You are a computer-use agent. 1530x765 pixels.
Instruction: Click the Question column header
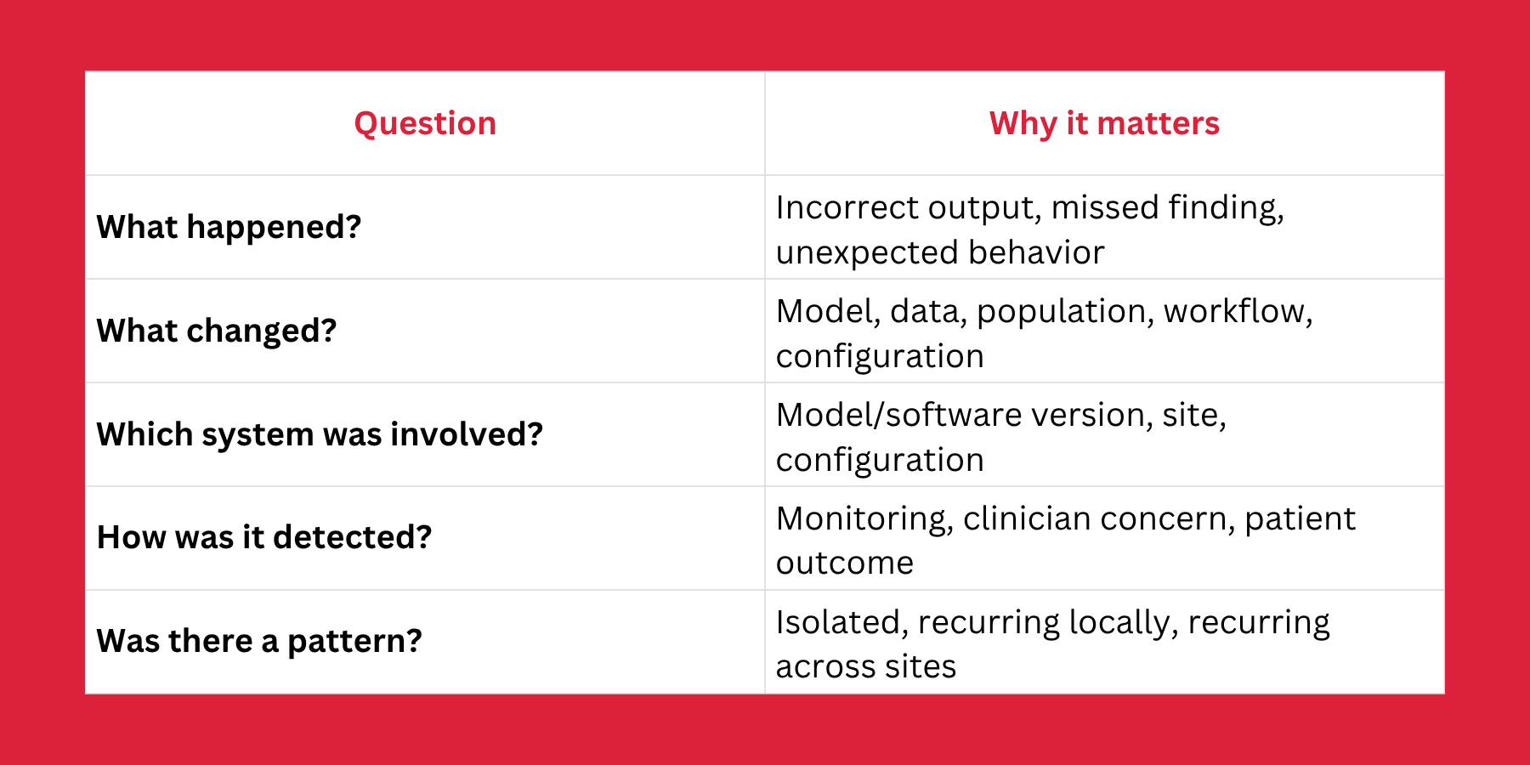[425, 124]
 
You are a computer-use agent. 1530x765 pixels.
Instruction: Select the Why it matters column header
[1104, 124]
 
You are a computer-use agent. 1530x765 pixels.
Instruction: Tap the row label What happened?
[229, 228]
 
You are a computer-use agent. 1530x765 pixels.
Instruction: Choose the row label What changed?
[217, 331]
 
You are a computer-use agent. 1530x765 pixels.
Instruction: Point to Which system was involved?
[320, 434]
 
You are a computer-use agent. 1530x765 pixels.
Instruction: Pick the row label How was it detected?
[264, 537]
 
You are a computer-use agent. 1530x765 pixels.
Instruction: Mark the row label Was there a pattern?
[259, 641]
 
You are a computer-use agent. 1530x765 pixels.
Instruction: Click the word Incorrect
[847, 208]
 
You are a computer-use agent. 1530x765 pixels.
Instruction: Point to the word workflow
[1238, 312]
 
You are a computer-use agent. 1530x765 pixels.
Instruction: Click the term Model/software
[899, 416]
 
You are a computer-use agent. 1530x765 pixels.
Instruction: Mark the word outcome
[845, 564]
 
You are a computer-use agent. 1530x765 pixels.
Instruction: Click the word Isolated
[842, 623]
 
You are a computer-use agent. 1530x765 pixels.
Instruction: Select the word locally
[1124, 624]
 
